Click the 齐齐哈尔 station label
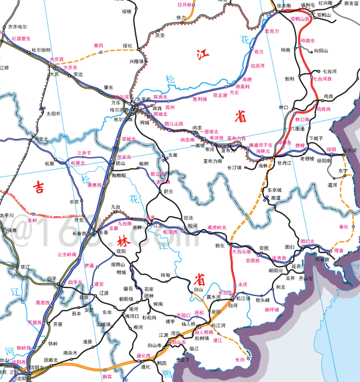click(x=19, y=28)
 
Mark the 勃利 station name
click(x=289, y=78)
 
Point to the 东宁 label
click(x=344, y=171)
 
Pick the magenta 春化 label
click(x=345, y=227)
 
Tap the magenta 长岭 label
click(x=32, y=220)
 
